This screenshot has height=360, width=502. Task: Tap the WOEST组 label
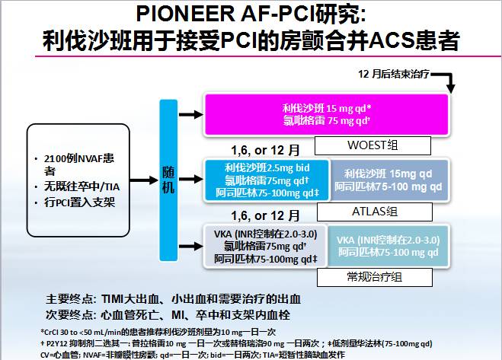(x=356, y=145)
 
